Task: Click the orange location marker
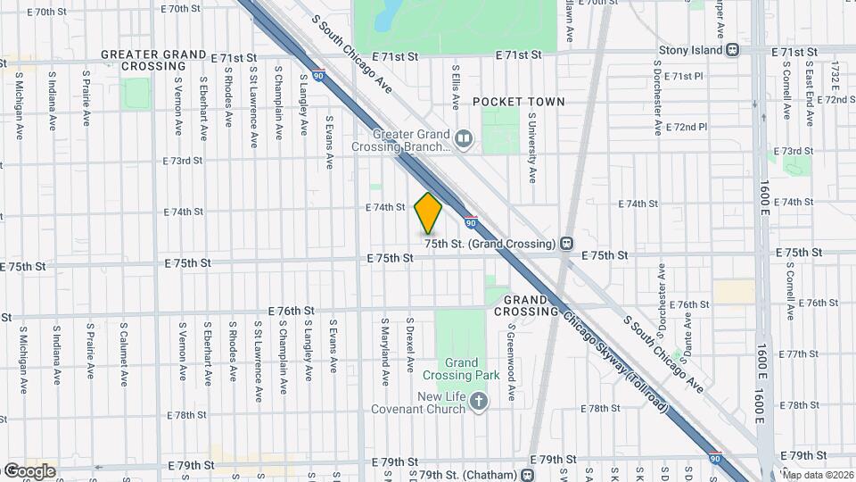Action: coord(428,213)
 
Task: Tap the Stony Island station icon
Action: coord(732,50)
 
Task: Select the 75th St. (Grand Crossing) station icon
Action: coord(567,244)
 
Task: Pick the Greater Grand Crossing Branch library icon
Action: coord(463,137)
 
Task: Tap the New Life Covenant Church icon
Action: coord(479,401)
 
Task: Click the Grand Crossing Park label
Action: coord(463,370)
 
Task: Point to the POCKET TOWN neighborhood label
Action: coord(518,102)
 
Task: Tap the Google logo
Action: coord(29,470)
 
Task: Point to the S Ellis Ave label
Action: coord(456,87)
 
